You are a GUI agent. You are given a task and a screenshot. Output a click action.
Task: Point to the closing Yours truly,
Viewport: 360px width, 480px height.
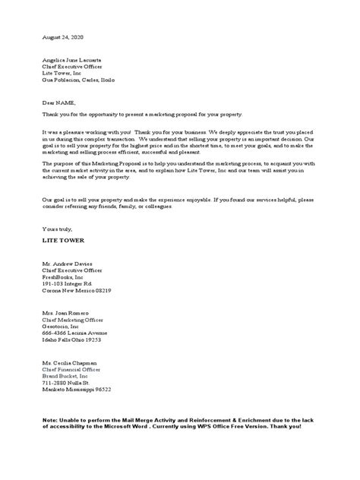(x=57, y=228)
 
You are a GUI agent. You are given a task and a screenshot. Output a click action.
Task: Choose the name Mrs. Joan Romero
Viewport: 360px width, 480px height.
(x=66, y=314)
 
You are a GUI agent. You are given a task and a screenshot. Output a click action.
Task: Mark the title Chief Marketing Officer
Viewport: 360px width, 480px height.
(x=74, y=321)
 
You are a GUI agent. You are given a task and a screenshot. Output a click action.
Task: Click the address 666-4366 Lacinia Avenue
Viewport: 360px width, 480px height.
(x=74, y=334)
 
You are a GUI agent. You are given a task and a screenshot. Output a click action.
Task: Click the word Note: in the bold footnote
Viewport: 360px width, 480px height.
(x=52, y=420)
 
